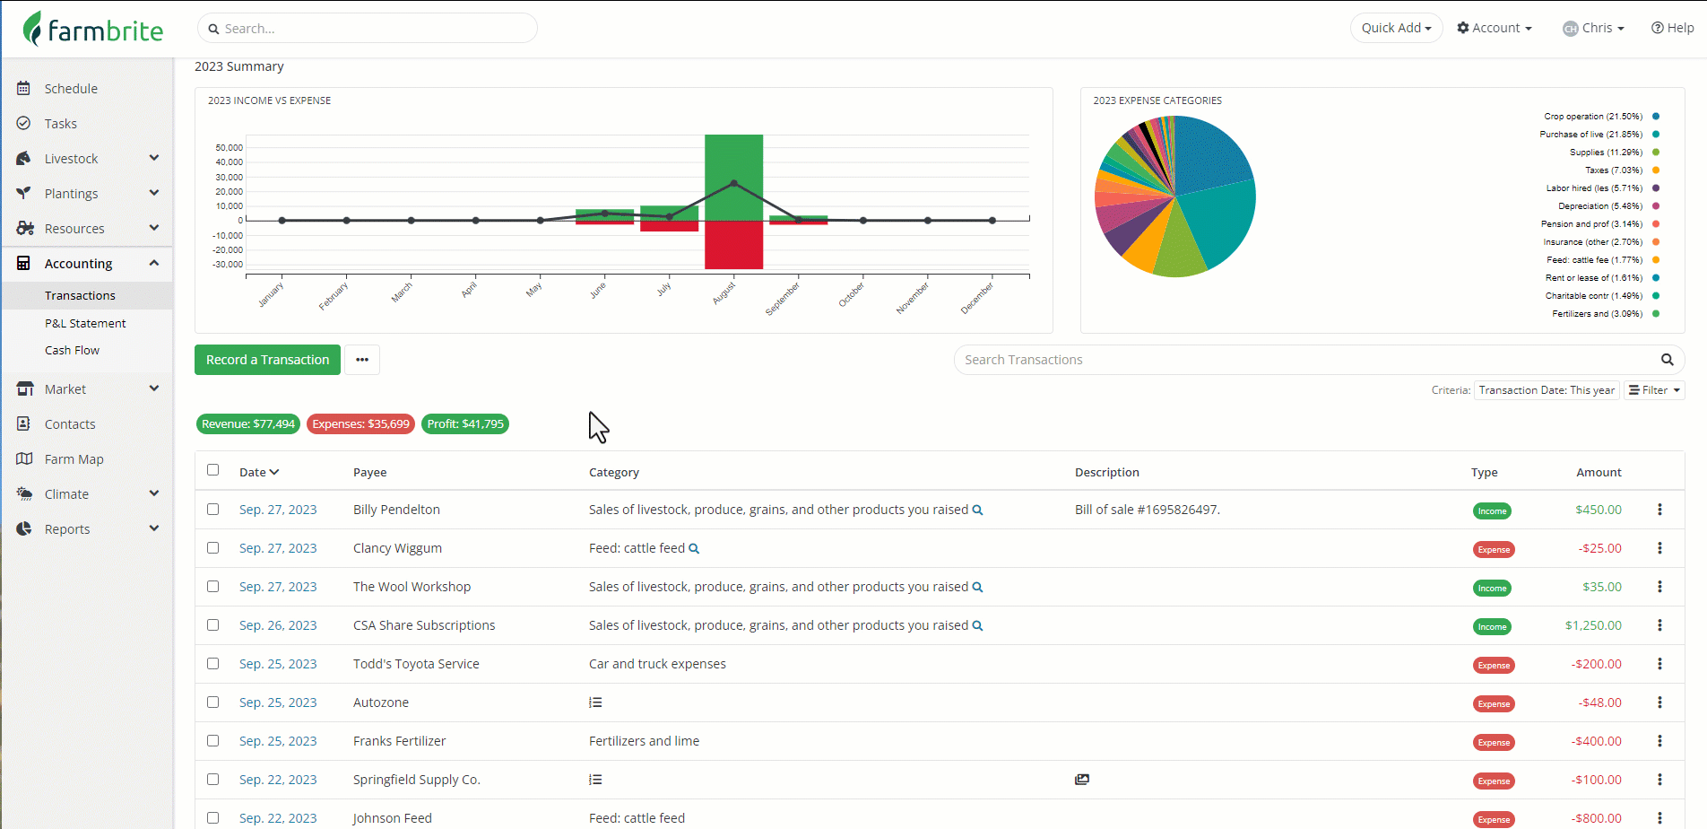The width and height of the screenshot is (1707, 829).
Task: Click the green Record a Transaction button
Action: pyautogui.click(x=267, y=360)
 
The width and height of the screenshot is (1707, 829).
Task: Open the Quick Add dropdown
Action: pyautogui.click(x=1396, y=28)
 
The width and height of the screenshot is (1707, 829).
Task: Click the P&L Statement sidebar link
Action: pyautogui.click(x=85, y=323)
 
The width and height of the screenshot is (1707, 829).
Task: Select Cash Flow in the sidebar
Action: pyautogui.click(x=72, y=350)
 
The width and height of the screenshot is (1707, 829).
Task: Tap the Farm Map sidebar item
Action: pyautogui.click(x=74, y=459)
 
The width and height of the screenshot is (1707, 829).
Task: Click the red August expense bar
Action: pyautogui.click(x=733, y=245)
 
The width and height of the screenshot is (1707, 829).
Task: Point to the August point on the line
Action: pyautogui.click(x=734, y=183)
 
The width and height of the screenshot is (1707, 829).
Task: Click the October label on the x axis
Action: pyautogui.click(x=852, y=293)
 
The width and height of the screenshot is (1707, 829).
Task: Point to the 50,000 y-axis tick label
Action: pyautogui.click(x=229, y=147)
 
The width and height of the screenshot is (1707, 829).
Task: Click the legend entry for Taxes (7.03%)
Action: pyautogui.click(x=1613, y=170)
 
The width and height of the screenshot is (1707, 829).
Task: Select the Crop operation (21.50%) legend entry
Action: pyautogui.click(x=1592, y=117)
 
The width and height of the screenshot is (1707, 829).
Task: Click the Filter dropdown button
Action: pyautogui.click(x=1654, y=390)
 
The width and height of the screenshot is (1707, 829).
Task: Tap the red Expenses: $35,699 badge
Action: pyautogui.click(x=360, y=424)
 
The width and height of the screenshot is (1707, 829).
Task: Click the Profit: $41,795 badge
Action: pyautogui.click(x=465, y=424)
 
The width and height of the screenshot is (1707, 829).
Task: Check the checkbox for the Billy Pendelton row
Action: pyautogui.click(x=212, y=510)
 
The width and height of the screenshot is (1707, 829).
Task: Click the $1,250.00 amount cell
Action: pyautogui.click(x=1593, y=625)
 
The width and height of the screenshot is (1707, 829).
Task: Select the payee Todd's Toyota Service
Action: pyautogui.click(x=416, y=664)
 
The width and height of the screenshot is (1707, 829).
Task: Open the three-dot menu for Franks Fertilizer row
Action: pyautogui.click(x=1659, y=741)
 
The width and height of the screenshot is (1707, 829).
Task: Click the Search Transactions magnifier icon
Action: pyautogui.click(x=1667, y=360)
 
